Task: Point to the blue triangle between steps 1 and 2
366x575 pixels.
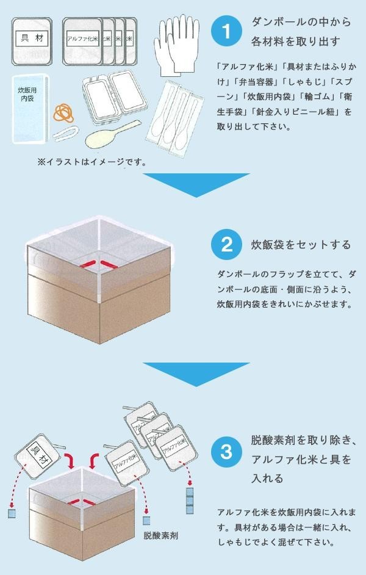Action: tap(196, 185)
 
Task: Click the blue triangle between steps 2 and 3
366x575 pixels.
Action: tap(196, 373)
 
